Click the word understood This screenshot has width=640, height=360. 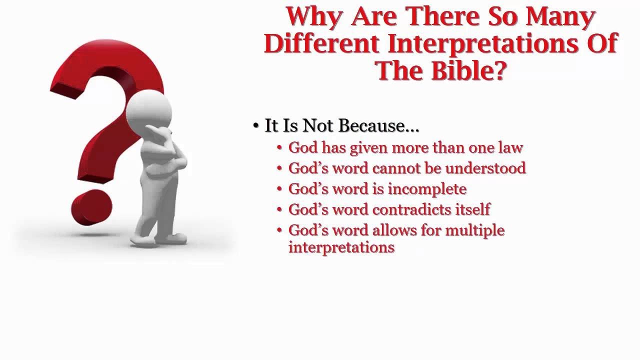pos(485,168)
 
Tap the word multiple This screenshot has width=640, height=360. pos(474,230)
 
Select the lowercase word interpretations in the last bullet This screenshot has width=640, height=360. pos(341,247)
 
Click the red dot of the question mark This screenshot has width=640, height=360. pos(91,206)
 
